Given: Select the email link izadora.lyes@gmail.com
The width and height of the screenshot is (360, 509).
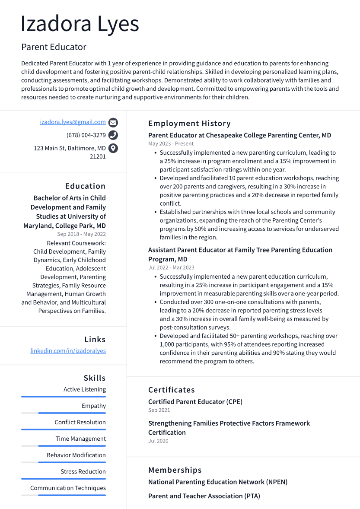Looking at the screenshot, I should pos(73,122).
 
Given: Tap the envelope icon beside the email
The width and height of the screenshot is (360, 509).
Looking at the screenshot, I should pos(113,122).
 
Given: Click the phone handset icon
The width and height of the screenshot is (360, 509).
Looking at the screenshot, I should pos(113,135).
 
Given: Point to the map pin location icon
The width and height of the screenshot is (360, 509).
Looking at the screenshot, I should pos(113,148).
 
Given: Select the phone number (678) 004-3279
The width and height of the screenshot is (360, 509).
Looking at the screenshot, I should pos(86,135).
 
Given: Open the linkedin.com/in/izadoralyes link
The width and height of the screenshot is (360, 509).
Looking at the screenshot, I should pos(68,351).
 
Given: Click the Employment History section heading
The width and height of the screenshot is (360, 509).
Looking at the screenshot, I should pos(189,124).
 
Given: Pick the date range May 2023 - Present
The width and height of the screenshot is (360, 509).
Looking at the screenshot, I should pos(171,143).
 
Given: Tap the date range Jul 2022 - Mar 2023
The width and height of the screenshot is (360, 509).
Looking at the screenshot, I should pos(171,267).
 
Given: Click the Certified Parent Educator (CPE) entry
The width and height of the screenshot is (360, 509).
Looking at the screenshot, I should pos(195,402).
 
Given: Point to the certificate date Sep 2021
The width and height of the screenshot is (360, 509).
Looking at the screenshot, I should pos(159,410).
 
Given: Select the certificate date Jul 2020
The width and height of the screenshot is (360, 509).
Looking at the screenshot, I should pos(158,441).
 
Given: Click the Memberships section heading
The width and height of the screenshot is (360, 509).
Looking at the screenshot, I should pos(175,470).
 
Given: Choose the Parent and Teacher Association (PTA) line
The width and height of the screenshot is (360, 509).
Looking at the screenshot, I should pos(204,496).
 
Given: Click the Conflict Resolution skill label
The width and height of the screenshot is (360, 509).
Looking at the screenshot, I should pos(80,422).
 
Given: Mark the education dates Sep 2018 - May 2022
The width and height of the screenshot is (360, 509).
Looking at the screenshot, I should pos(81,234).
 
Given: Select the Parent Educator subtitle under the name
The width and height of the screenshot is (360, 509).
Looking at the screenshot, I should pos(54,47).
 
